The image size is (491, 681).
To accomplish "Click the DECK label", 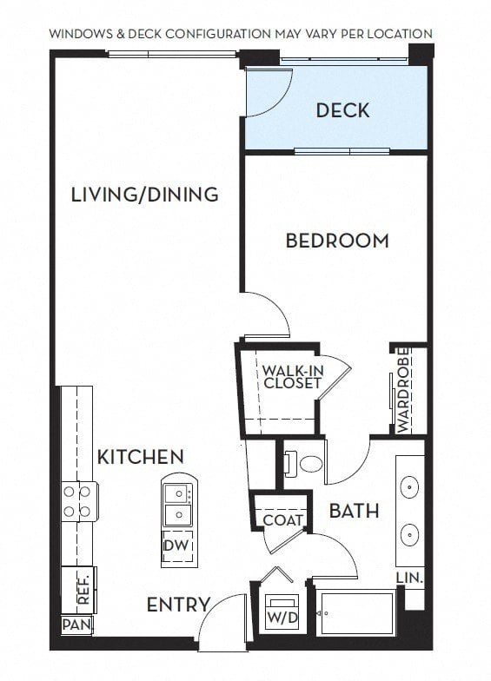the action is [342, 110].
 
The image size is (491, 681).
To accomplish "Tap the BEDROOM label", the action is [337, 241].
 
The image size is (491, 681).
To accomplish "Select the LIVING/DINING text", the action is [144, 195].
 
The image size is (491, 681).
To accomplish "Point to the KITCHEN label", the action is [141, 457].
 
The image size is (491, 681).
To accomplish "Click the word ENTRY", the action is [178, 605].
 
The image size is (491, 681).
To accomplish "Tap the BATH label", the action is [355, 511].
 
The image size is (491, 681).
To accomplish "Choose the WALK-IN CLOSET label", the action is [292, 377].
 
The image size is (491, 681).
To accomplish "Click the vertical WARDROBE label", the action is [403, 390].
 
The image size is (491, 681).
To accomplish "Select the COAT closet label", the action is [283, 519].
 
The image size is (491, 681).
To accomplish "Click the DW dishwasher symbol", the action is [176, 545].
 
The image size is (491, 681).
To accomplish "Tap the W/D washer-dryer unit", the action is [282, 613].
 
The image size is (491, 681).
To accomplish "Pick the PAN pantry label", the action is [76, 625].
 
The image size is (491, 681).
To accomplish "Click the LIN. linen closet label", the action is [409, 578].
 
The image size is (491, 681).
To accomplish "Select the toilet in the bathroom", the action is [305, 464].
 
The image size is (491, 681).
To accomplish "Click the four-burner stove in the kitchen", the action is [79, 502].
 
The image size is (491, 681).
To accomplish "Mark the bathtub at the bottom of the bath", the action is [355, 613].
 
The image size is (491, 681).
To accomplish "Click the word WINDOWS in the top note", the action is [80, 34].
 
